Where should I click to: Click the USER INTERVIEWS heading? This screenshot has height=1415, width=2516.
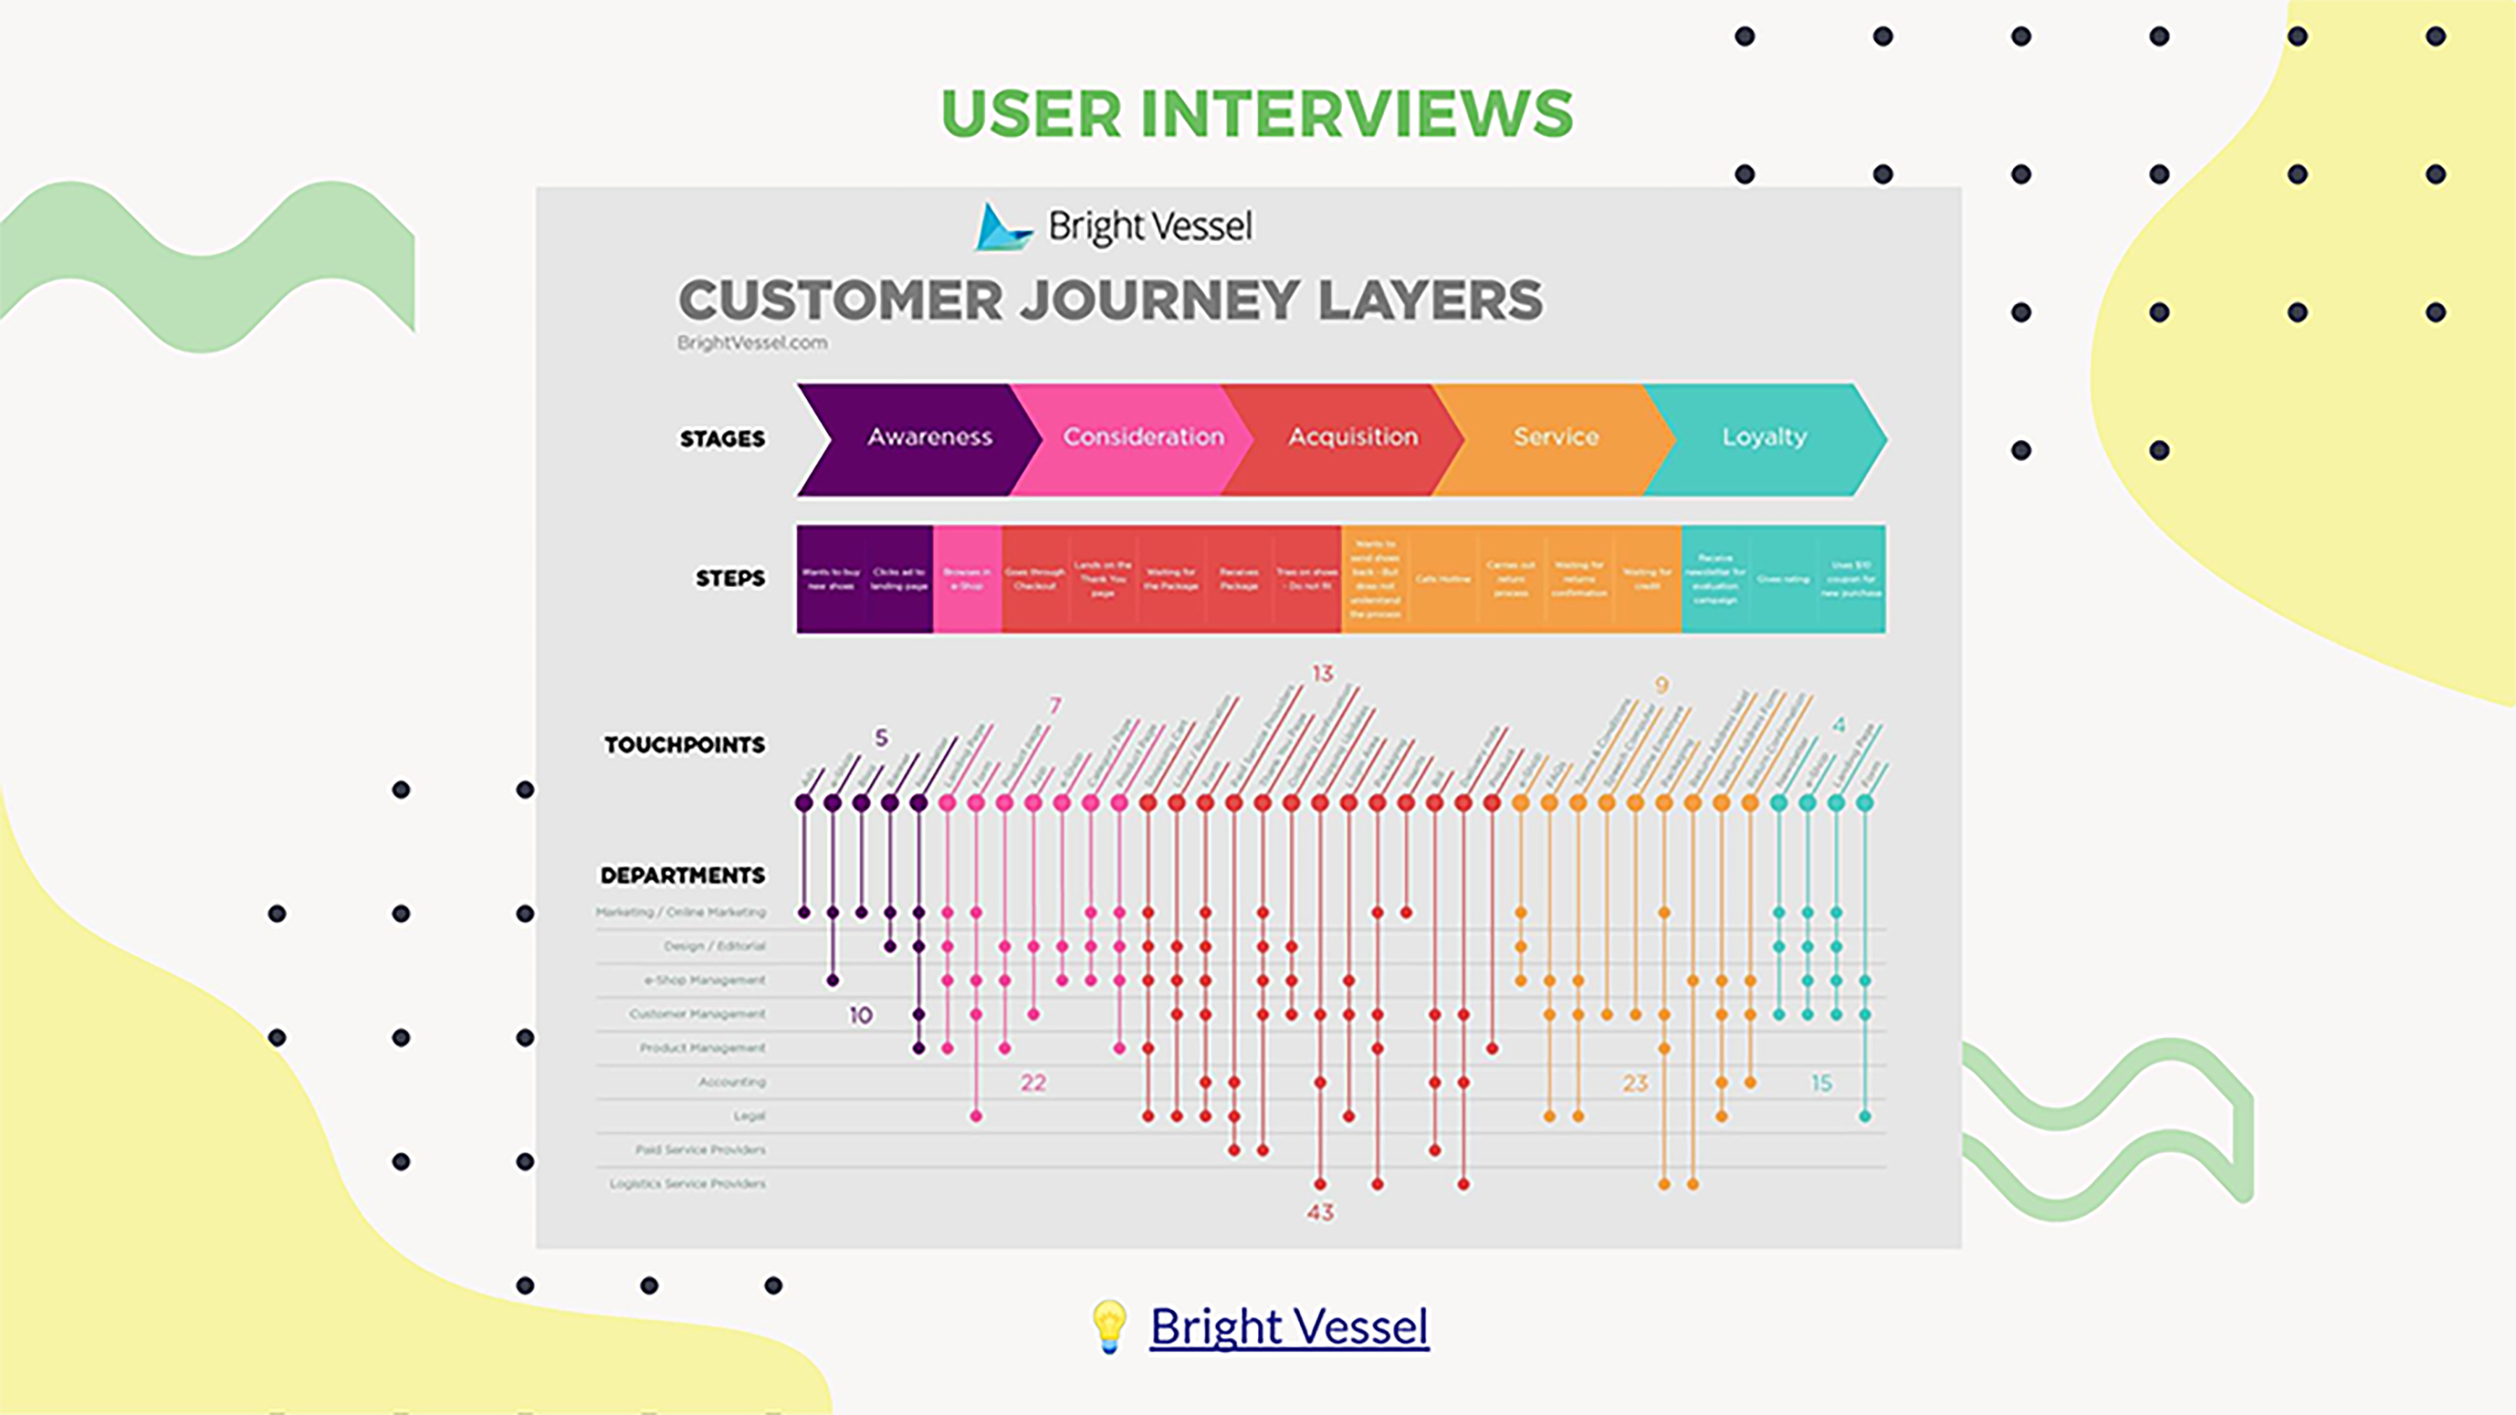[x=1256, y=113]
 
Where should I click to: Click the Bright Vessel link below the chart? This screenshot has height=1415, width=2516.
[x=1288, y=1326]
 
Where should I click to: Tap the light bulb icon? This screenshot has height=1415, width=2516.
[x=1109, y=1326]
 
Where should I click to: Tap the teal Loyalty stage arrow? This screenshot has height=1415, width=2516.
[x=1764, y=438]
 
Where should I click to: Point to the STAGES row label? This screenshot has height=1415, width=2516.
[x=722, y=438]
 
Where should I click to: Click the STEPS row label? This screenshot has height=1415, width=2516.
[x=730, y=578]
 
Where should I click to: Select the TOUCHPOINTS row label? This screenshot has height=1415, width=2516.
[x=684, y=745]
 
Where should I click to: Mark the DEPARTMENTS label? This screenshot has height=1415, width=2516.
[x=682, y=875]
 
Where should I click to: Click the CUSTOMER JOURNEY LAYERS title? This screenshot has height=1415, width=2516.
[x=1110, y=300]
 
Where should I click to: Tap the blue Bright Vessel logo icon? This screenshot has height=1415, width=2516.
[x=1002, y=226]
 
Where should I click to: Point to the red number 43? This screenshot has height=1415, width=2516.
[x=1319, y=1212]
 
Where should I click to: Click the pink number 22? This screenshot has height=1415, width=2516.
[x=1032, y=1083]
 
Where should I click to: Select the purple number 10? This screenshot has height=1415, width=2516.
[x=860, y=1016]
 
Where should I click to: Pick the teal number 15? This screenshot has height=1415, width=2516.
[x=1821, y=1083]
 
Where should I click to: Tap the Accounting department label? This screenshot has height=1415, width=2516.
[x=731, y=1082]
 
